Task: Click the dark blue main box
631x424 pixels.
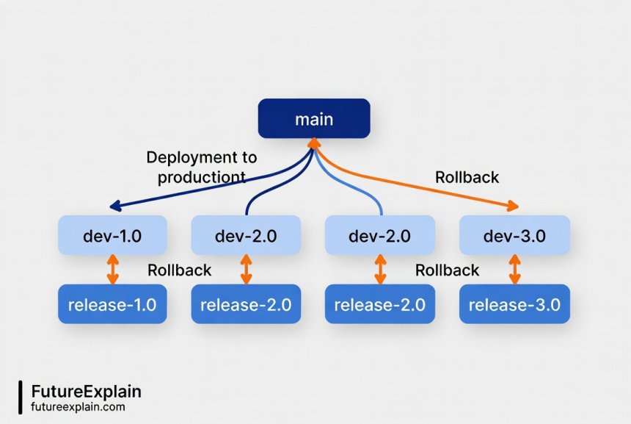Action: click(x=314, y=118)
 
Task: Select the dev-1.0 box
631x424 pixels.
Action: click(x=112, y=235)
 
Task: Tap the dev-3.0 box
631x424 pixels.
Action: click(x=514, y=235)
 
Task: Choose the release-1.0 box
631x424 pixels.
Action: click(x=112, y=303)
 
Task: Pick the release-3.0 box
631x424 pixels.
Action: click(x=514, y=303)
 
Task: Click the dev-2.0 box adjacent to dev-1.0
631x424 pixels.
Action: click(x=246, y=235)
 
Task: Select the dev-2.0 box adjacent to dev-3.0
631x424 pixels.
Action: click(x=380, y=235)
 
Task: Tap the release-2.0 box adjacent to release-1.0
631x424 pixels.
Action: click(x=246, y=303)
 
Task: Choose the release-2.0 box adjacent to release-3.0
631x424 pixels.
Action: click(x=380, y=303)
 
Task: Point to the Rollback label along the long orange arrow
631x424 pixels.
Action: click(x=467, y=177)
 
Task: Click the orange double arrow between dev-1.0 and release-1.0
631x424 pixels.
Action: click(x=112, y=270)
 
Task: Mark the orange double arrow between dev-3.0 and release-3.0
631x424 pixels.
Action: click(x=514, y=270)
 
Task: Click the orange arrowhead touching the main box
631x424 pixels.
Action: click(x=313, y=143)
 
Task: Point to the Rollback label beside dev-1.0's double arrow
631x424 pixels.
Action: click(x=179, y=270)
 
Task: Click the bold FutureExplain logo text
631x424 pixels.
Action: click(x=86, y=391)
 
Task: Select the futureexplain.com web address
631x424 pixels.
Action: click(x=78, y=406)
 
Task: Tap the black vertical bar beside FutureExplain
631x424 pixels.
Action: click(x=20, y=398)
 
